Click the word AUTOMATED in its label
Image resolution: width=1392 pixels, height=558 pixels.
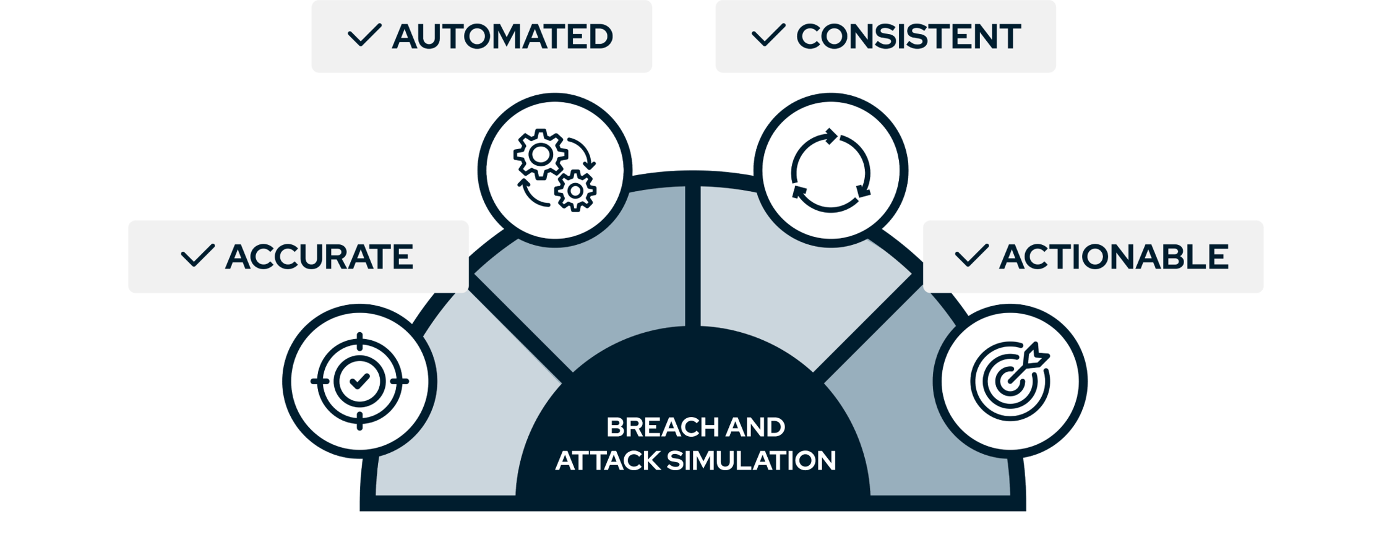(x=502, y=36)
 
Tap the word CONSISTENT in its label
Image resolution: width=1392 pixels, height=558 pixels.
(x=908, y=36)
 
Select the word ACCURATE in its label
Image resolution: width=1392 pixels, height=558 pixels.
(x=319, y=257)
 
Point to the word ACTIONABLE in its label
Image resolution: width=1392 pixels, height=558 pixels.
(x=1114, y=257)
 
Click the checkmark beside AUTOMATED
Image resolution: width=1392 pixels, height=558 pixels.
(x=364, y=35)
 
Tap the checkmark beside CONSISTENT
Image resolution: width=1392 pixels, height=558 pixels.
(x=768, y=35)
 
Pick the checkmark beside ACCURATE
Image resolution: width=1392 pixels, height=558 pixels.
(x=197, y=255)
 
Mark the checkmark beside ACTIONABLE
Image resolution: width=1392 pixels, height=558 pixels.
(x=971, y=255)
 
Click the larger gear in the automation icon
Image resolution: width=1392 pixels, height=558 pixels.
(x=540, y=155)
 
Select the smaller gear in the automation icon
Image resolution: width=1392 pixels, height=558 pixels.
(x=575, y=191)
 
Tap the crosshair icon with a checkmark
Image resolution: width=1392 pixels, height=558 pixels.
(x=359, y=381)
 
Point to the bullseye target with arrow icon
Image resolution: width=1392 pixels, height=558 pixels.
(x=1010, y=381)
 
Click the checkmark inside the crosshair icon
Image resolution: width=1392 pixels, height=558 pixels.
(x=359, y=381)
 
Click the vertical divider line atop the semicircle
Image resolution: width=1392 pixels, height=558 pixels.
(x=692, y=254)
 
